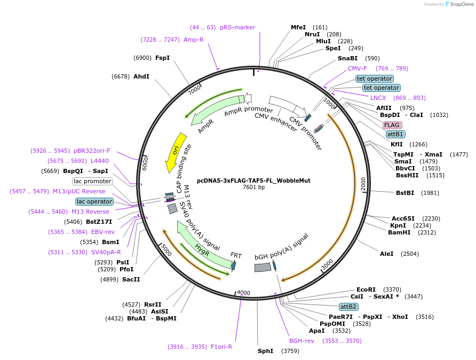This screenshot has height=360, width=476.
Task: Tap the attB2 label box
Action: (x=348, y=307)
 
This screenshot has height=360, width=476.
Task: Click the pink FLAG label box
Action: (x=392, y=125)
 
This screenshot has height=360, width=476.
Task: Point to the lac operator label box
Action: (x=94, y=201)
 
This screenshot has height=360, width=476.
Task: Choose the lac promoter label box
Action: (x=92, y=182)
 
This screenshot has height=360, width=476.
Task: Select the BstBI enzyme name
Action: (x=405, y=193)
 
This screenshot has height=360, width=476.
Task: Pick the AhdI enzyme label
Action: (x=141, y=76)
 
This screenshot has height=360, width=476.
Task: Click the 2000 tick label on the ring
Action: (x=363, y=184)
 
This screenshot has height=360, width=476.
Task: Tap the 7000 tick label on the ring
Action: (x=194, y=90)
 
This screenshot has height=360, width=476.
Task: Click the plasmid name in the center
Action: (x=254, y=181)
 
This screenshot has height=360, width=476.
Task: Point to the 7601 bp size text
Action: (x=254, y=187)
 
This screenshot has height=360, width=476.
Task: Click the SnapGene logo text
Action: (x=462, y=4)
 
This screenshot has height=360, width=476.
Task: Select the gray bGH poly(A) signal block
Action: (x=263, y=268)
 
